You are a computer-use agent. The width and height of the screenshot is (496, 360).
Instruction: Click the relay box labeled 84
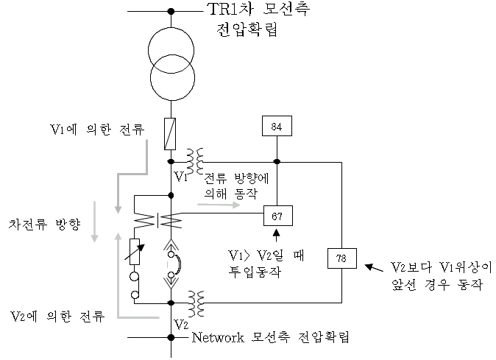277,127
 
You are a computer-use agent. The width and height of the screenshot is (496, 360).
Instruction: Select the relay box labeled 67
277,215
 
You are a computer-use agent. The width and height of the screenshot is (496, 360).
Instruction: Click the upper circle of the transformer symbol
171,50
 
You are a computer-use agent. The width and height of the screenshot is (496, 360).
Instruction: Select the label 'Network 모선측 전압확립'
269,338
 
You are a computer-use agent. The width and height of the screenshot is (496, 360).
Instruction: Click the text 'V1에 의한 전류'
93,130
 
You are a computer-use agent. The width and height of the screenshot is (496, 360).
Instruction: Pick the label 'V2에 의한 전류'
58,317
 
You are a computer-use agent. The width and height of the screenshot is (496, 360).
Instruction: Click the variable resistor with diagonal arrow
135,250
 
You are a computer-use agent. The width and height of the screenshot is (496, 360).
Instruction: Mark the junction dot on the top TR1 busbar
171,11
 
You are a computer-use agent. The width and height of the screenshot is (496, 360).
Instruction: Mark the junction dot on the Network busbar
171,338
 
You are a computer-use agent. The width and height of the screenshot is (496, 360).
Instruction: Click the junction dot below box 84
277,161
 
